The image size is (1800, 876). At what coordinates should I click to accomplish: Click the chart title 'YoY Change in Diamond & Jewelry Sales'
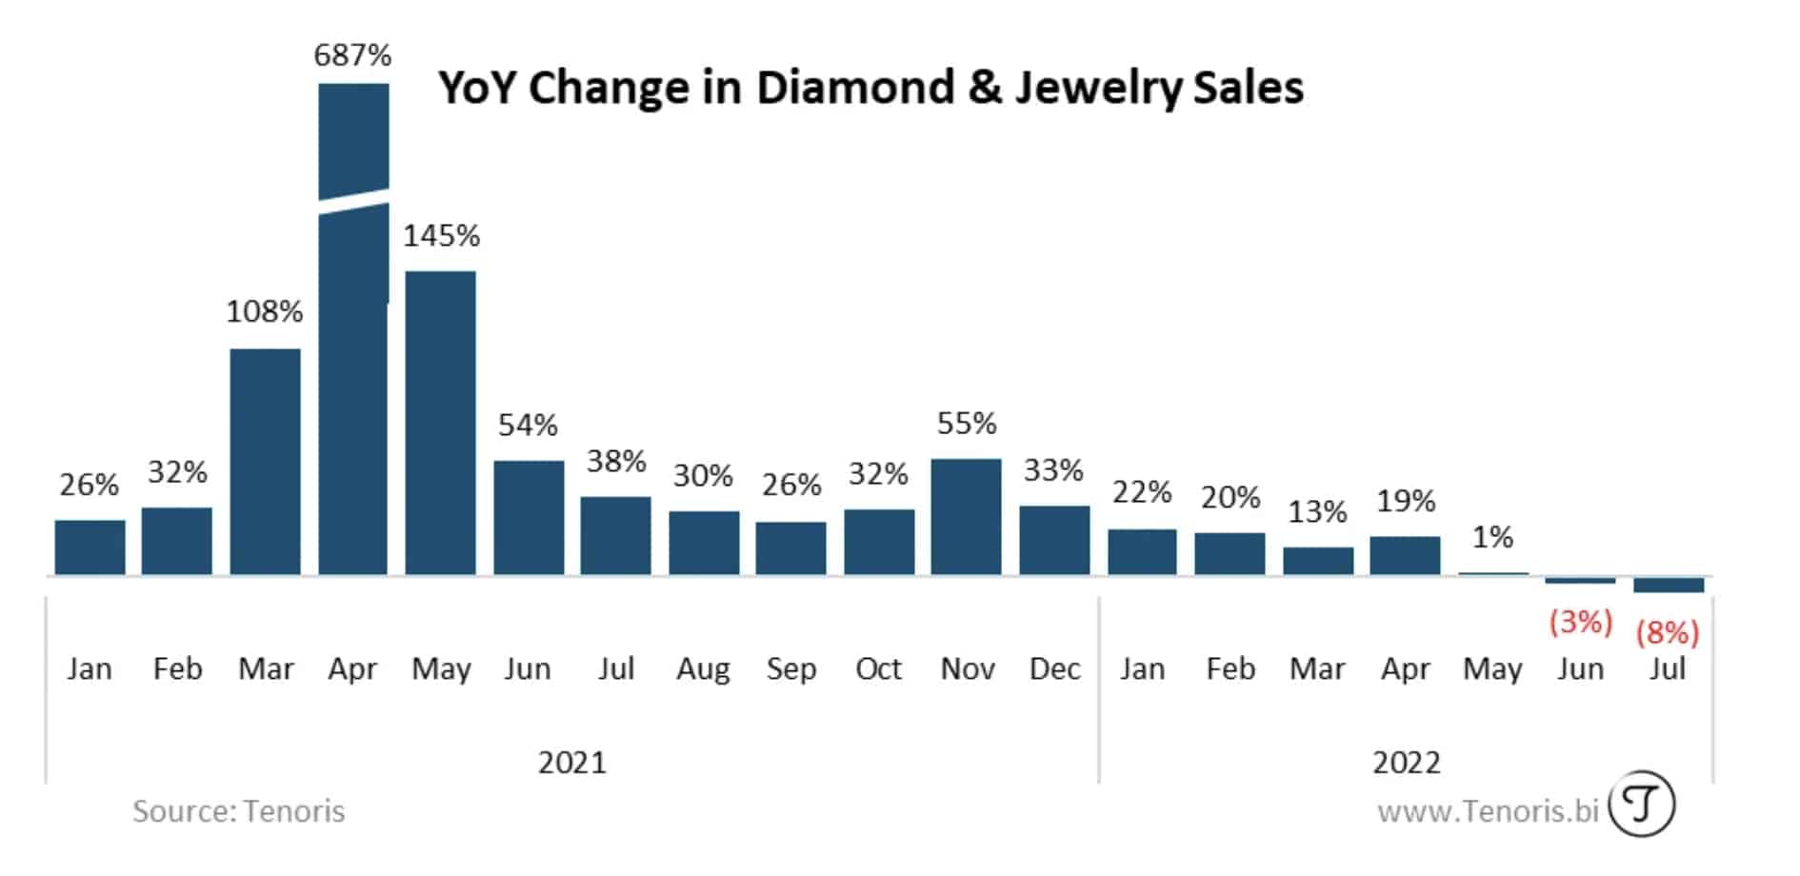click(870, 88)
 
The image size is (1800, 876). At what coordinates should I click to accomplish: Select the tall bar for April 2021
click(353, 400)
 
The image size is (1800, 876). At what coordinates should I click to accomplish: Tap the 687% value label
click(352, 55)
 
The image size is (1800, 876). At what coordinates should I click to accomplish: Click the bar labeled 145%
click(440, 424)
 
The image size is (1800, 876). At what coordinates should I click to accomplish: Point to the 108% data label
click(264, 311)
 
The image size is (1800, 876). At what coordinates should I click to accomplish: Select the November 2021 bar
click(966, 517)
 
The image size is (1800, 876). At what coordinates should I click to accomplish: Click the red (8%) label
click(1668, 632)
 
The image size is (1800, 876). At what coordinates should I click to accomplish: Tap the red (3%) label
click(1580, 622)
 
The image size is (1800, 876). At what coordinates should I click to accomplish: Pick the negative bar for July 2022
click(1669, 585)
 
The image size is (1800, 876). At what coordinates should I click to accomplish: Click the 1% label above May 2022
click(1492, 537)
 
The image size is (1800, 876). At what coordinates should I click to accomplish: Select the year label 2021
click(571, 762)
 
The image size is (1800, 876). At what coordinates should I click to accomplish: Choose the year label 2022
click(1406, 762)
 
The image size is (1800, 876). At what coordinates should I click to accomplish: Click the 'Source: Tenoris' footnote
click(238, 811)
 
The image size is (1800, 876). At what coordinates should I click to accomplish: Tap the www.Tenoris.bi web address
click(1488, 811)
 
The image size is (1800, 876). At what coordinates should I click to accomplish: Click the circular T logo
click(1641, 805)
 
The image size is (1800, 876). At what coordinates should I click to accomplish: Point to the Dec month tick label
click(1054, 668)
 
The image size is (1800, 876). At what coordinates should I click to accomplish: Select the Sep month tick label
click(790, 668)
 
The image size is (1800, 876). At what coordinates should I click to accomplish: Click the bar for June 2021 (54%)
click(529, 518)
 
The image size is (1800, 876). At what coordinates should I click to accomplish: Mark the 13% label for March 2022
click(1317, 512)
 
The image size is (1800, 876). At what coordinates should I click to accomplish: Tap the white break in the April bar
click(353, 202)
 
